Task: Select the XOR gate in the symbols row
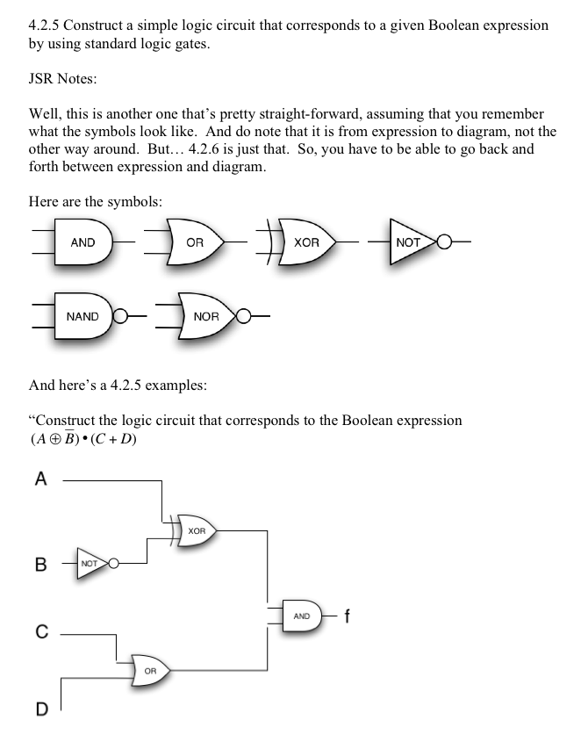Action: pos(304,242)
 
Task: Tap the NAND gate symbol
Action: pos(83,316)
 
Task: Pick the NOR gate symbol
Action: pos(204,316)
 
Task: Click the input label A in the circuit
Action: pos(39,479)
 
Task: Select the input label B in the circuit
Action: pos(40,565)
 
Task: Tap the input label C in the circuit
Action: pos(40,631)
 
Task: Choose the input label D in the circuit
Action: pos(41,710)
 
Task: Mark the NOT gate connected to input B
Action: pos(91,563)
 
